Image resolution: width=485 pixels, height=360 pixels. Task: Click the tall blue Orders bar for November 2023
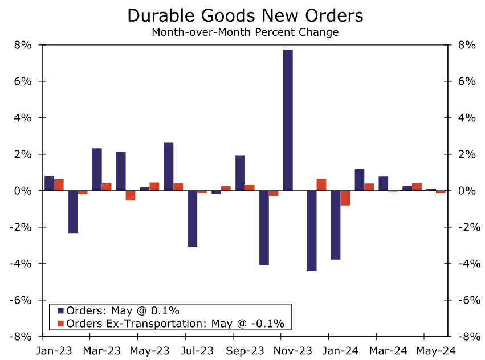(288, 120)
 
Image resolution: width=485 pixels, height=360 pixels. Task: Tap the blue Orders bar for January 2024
(336, 225)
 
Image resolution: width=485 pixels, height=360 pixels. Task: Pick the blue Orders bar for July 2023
(193, 219)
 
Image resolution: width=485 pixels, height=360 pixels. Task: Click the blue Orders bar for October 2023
(264, 228)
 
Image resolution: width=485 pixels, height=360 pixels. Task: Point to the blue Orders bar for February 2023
(74, 212)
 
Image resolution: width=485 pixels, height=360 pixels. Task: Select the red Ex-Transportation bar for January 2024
(345, 198)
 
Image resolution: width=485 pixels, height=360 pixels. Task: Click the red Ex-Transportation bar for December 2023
(321, 185)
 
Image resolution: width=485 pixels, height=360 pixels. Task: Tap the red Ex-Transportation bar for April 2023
(131, 195)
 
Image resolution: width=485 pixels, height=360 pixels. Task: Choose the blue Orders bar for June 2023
(169, 166)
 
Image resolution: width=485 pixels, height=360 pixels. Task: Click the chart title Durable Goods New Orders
(245, 15)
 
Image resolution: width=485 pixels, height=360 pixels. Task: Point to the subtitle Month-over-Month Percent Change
(245, 32)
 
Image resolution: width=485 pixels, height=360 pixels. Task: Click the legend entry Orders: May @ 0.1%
(123, 311)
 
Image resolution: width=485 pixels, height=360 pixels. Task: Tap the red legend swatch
(60, 324)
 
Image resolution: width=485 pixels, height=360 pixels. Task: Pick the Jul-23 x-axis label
(198, 350)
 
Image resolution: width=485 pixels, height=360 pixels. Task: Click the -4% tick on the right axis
(464, 264)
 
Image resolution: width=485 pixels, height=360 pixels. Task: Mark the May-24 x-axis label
(436, 350)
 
